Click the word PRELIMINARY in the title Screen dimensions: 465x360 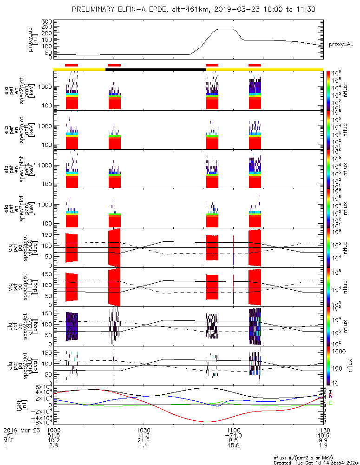[x=93, y=9]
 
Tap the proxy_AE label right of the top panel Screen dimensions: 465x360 [x=341, y=44]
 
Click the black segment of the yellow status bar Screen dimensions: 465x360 [x=155, y=69]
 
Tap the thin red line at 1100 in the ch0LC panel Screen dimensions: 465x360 [x=233, y=250]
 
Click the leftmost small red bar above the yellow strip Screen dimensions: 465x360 [x=72, y=65]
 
